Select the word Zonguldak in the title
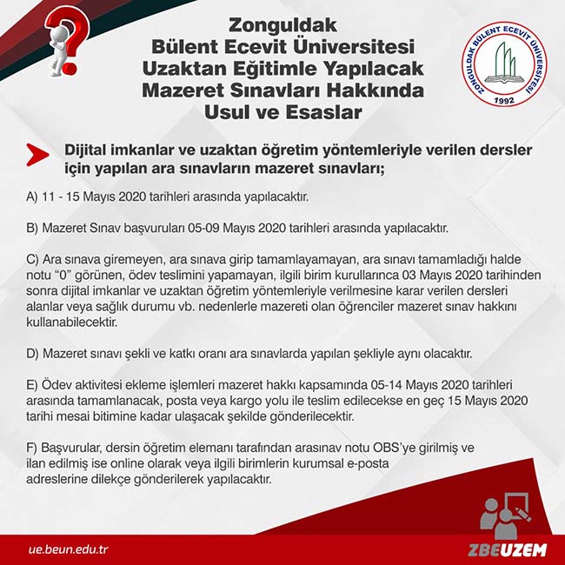pyautogui.click(x=282, y=26)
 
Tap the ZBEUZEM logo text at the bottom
pyautogui.click(x=504, y=550)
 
